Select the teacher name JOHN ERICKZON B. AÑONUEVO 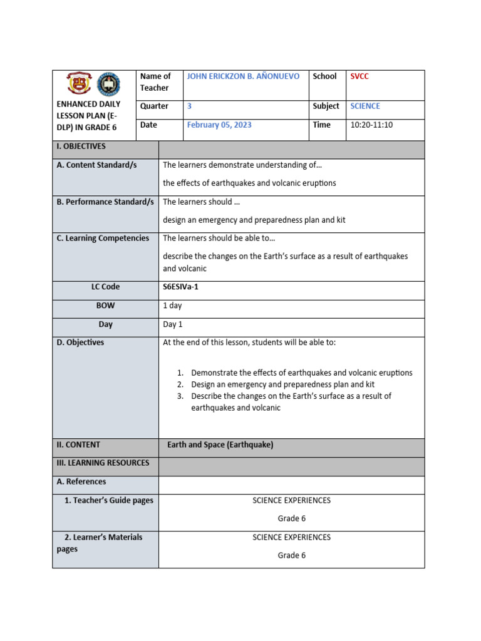pyautogui.click(x=243, y=76)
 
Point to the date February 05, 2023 pyautogui.click(x=219, y=125)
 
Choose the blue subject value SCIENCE pyautogui.click(x=365, y=106)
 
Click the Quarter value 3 pyautogui.click(x=189, y=106)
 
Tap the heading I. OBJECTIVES pyautogui.click(x=81, y=146)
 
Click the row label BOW pyautogui.click(x=105, y=305)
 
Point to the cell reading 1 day pyautogui.click(x=172, y=305)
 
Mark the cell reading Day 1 pyautogui.click(x=173, y=324)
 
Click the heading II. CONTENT pyautogui.click(x=78, y=445)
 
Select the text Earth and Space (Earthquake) pyautogui.click(x=220, y=445)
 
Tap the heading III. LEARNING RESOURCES pyautogui.click(x=103, y=463)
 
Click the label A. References pyautogui.click(x=81, y=482)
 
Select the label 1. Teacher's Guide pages pyautogui.click(x=109, y=501)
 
